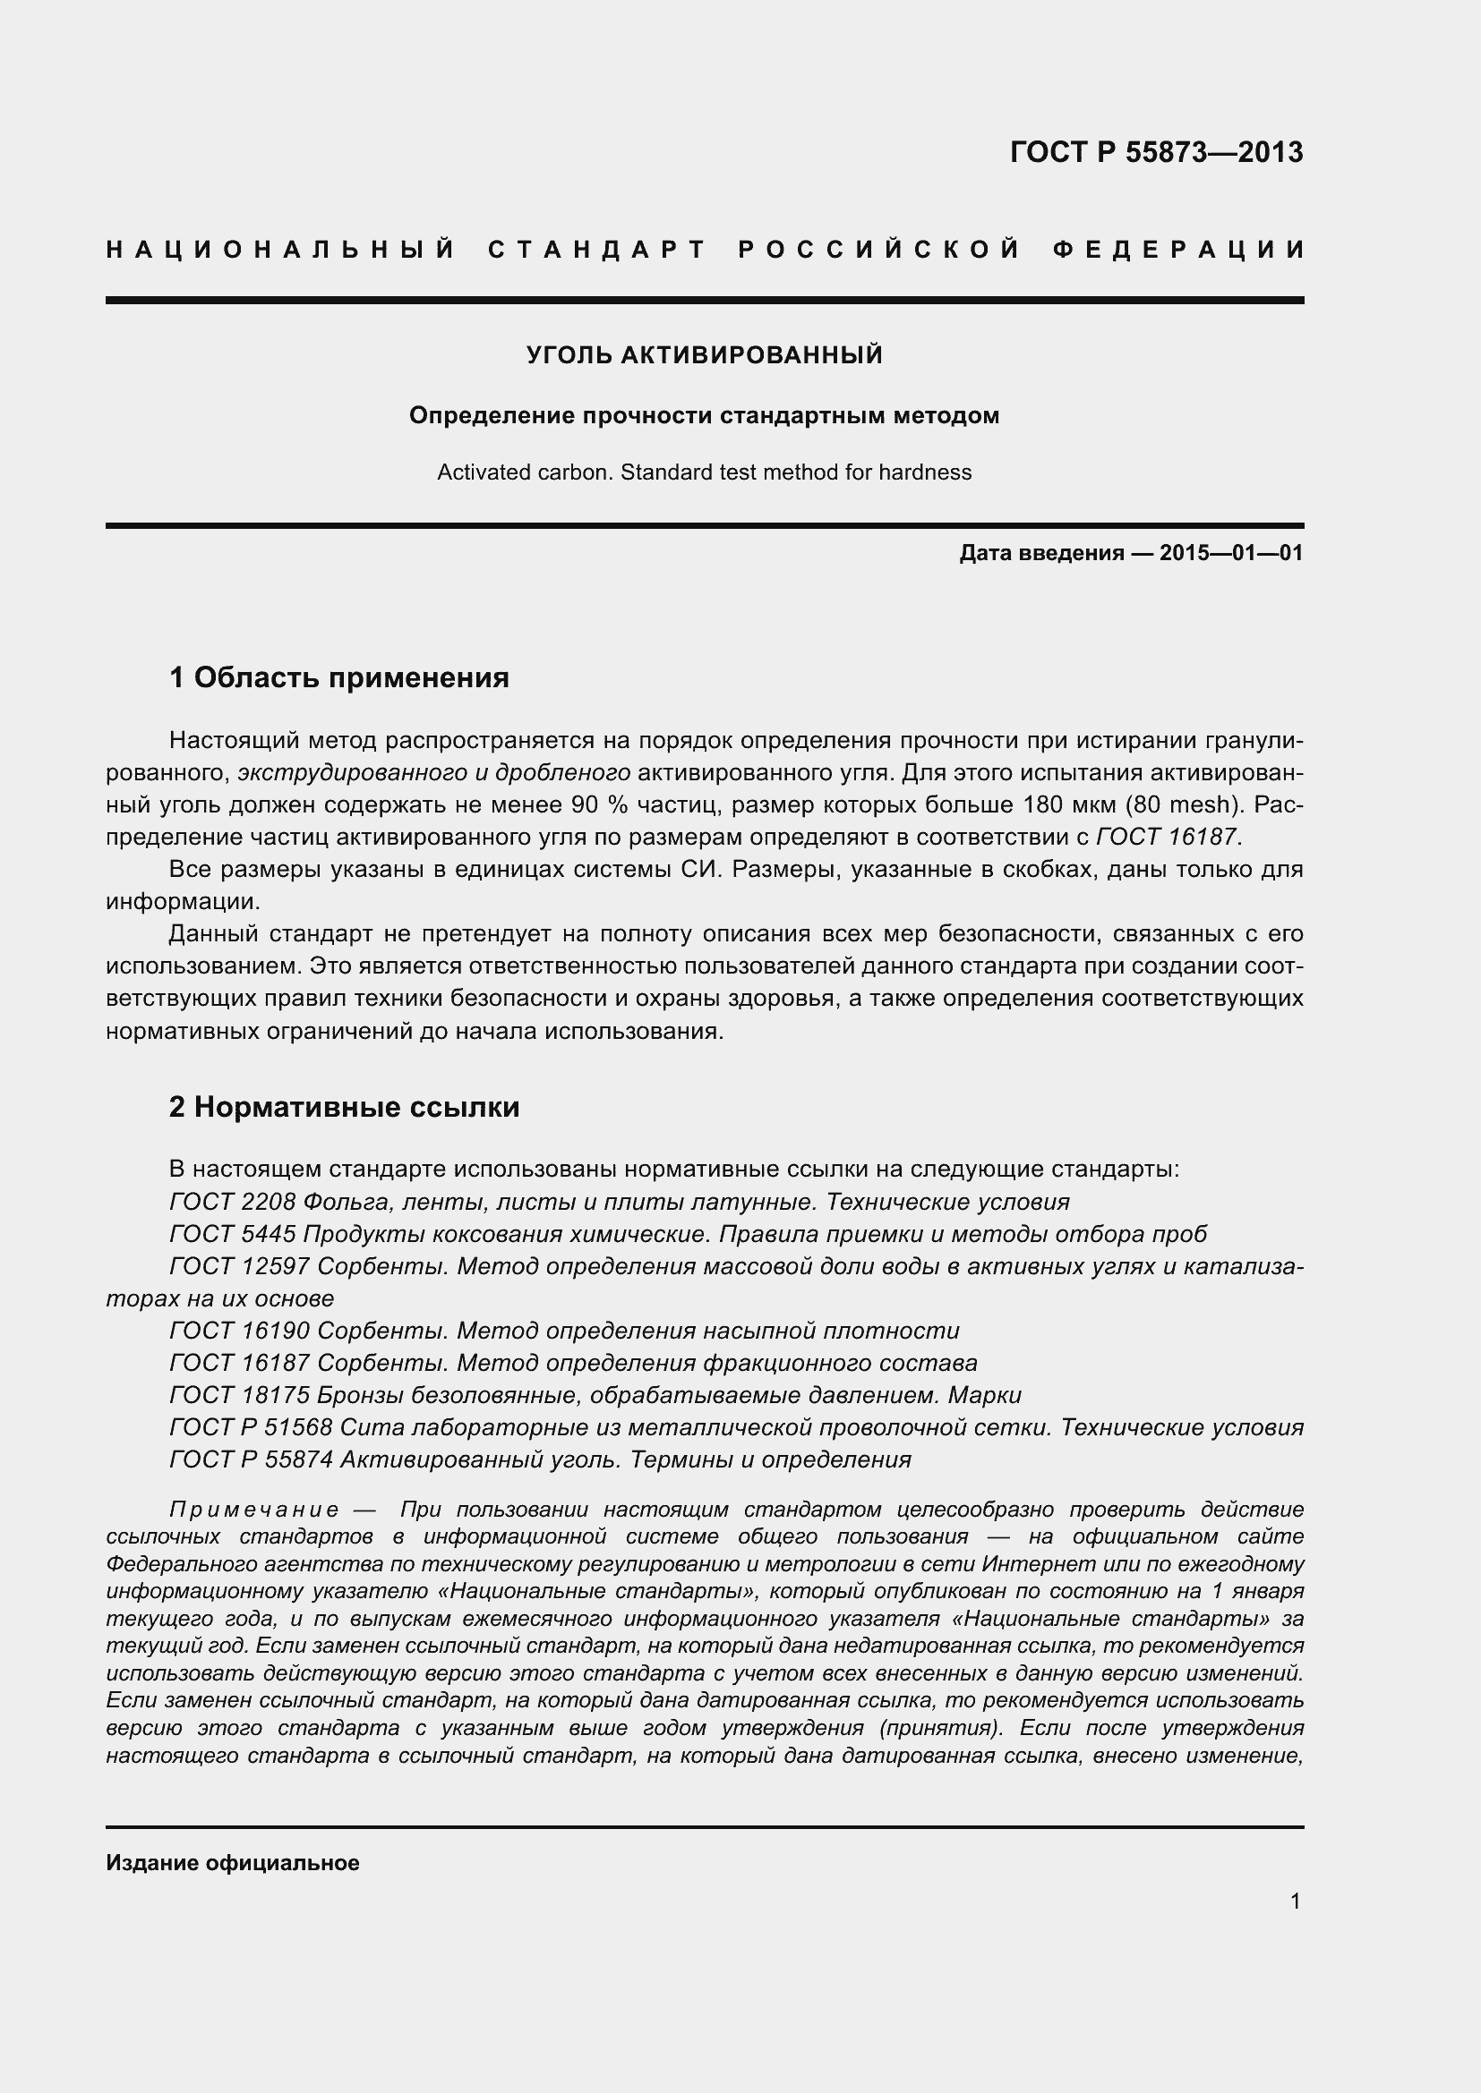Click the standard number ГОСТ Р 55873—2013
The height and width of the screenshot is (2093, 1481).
click(x=1156, y=152)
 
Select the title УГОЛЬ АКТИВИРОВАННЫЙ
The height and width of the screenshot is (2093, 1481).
click(x=704, y=354)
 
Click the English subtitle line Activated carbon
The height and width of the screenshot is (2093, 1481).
click(x=704, y=472)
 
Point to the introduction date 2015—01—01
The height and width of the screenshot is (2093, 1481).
click(x=1231, y=552)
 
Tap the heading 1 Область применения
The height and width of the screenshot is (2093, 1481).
click(x=339, y=677)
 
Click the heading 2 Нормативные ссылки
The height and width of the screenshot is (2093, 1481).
click(x=344, y=1107)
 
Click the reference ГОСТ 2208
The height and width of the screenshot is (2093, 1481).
click(x=233, y=1202)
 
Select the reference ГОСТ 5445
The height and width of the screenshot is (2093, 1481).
click(x=233, y=1234)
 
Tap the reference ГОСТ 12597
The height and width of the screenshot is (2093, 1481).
click(x=240, y=1266)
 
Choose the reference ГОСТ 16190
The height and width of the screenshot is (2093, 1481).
click(x=240, y=1331)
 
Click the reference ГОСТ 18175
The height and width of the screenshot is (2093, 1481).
click(x=240, y=1395)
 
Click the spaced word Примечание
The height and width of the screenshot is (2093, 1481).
click(x=254, y=1510)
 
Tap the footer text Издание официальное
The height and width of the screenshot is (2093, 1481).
click(x=233, y=1863)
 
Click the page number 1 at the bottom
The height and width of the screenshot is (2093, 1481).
click(x=1295, y=1902)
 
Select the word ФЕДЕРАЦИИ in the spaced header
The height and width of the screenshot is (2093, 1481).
click(x=1179, y=250)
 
